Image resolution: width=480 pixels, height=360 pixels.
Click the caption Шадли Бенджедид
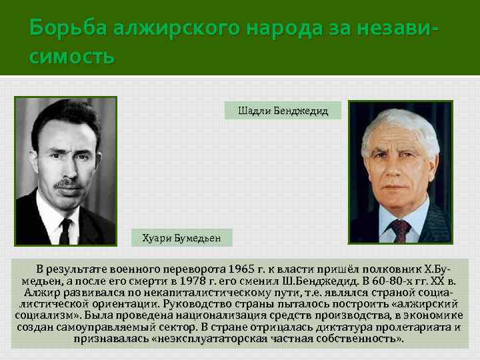[x=283, y=111]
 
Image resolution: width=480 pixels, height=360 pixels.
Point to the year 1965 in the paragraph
[x=241, y=269]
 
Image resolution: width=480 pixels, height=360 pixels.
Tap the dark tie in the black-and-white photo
[x=65, y=231]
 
